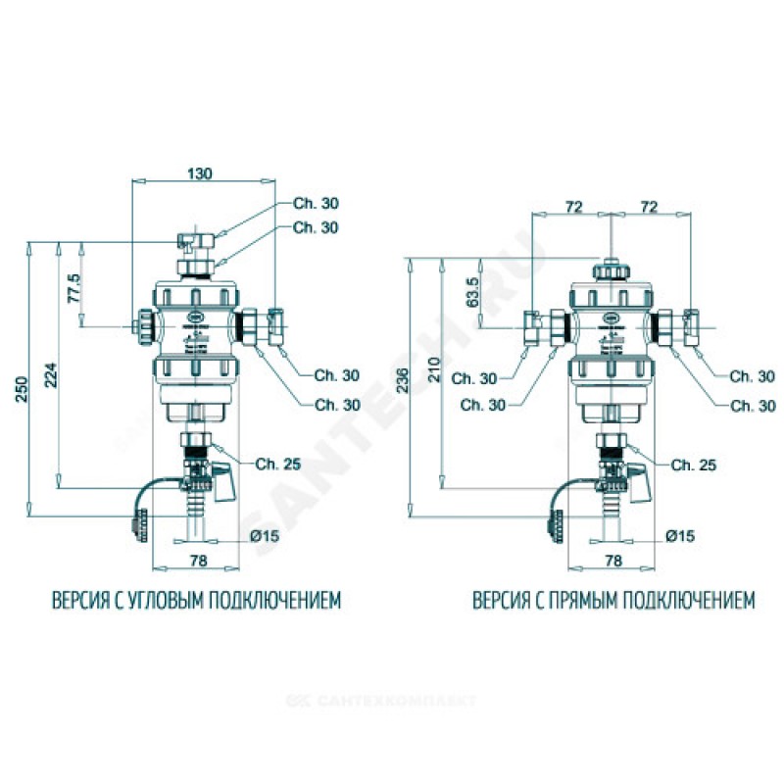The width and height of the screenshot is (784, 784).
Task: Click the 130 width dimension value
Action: [x=199, y=173]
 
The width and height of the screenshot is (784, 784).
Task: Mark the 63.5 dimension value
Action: [x=471, y=292]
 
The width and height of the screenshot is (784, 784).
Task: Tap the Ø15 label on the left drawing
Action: [x=266, y=536]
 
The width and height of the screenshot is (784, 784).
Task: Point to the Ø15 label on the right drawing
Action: [x=679, y=536]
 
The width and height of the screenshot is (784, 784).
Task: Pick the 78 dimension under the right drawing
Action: [x=613, y=561]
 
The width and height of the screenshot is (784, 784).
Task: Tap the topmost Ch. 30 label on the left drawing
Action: [x=315, y=204]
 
